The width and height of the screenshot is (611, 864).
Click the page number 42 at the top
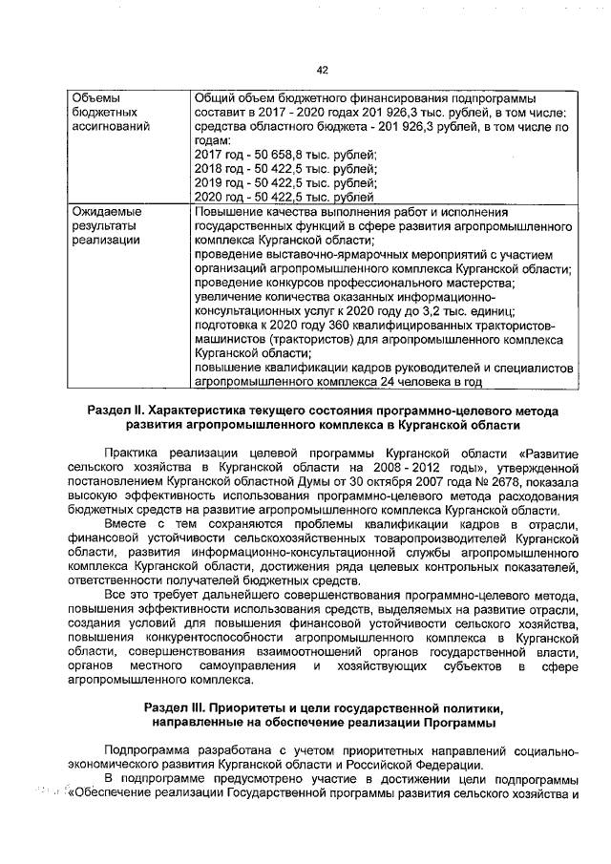coord(322,69)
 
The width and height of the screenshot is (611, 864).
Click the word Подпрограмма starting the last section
coord(151,750)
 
